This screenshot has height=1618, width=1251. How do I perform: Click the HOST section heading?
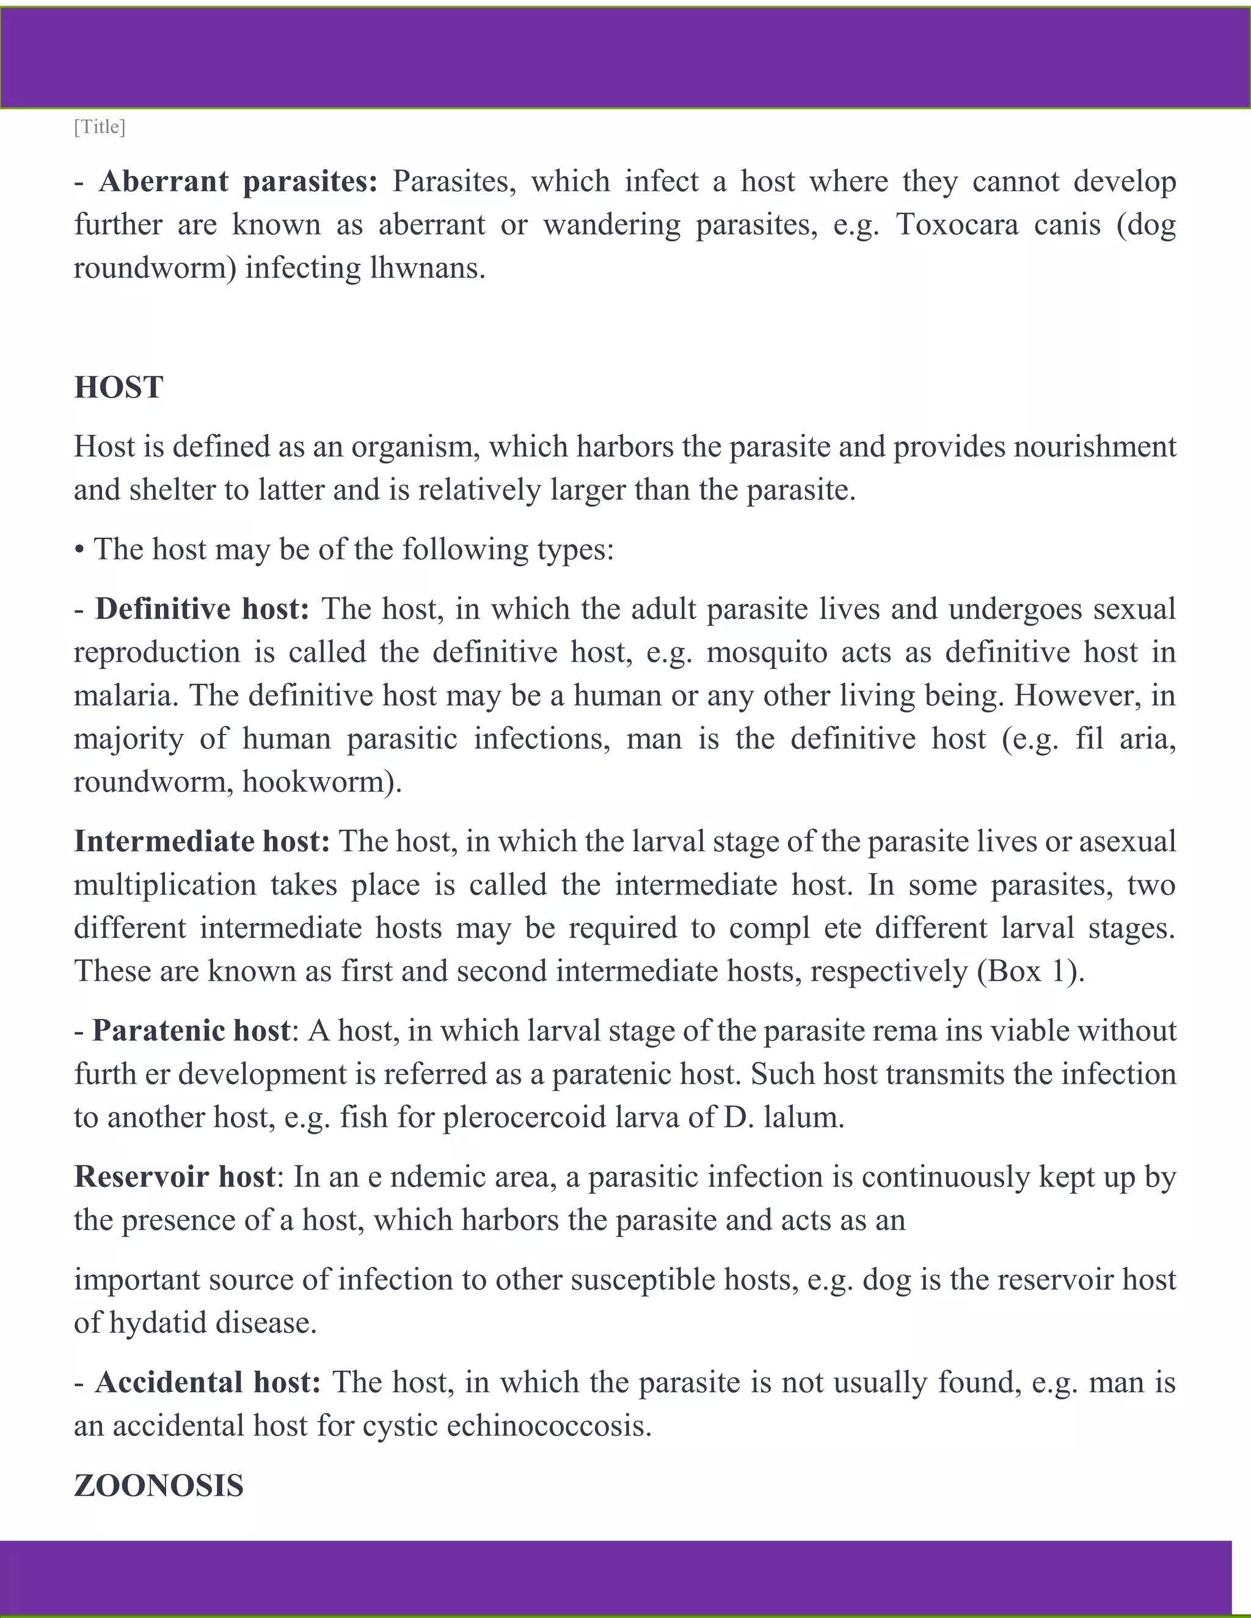(x=119, y=388)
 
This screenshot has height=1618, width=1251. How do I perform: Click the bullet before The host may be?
(x=79, y=550)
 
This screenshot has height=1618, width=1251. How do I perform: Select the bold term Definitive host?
(x=202, y=609)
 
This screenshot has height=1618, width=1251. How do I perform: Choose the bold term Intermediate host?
(x=202, y=841)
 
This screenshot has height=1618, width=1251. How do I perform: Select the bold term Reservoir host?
(x=175, y=1177)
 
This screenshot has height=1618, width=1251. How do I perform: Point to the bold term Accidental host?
(x=208, y=1382)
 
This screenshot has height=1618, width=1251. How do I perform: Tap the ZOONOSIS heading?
(x=159, y=1486)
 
